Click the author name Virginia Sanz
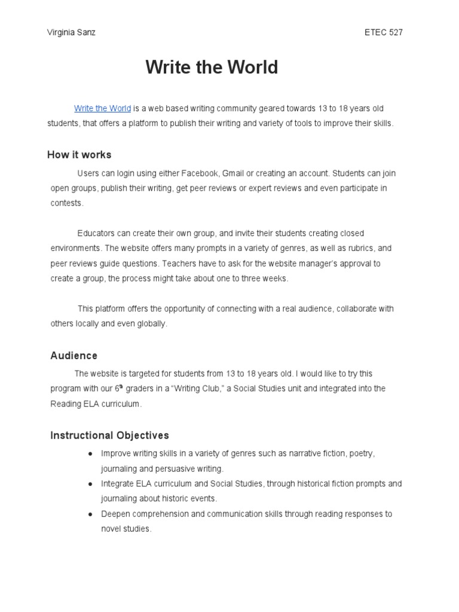tap(71, 32)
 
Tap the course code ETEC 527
tap(383, 32)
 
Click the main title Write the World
tap(212, 68)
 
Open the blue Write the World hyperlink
tap(102, 108)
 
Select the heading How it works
tap(79, 155)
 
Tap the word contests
tap(67, 203)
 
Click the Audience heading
tap(74, 356)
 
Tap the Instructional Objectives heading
tap(109, 435)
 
